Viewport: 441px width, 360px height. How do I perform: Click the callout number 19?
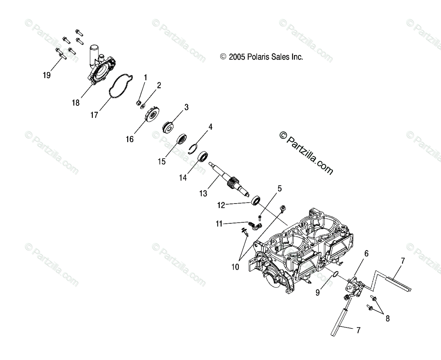[46, 75]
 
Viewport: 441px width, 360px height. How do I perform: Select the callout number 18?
[76, 103]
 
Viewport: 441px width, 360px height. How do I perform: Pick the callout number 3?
[186, 107]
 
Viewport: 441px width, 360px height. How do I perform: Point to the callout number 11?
[219, 223]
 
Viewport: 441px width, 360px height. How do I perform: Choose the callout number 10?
[235, 267]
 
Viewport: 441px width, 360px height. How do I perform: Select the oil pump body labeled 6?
[353, 288]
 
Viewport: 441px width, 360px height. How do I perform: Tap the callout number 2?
[159, 86]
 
